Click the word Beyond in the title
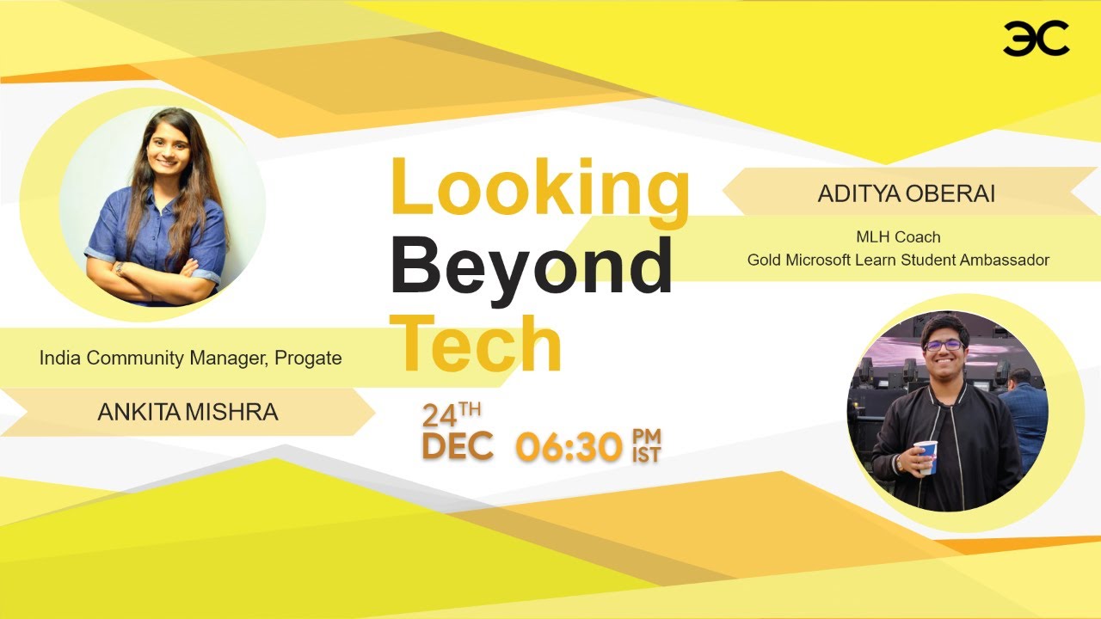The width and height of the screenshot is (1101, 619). [531, 266]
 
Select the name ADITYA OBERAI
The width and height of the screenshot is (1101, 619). [906, 194]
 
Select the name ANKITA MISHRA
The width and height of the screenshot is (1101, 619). [188, 413]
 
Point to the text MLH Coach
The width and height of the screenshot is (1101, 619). [898, 237]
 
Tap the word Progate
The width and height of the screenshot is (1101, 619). [308, 358]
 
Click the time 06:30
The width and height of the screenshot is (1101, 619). [569, 447]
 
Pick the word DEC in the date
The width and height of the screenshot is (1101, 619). [458, 447]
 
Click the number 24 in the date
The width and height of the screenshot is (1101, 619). [439, 416]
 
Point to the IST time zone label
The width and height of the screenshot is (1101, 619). [646, 455]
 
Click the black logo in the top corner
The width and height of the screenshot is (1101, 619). [1036, 39]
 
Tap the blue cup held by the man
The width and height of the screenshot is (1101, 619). [926, 456]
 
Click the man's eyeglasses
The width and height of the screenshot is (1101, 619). [944, 345]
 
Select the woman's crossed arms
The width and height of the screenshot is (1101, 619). [155, 275]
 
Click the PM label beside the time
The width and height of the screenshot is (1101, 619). [647, 435]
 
